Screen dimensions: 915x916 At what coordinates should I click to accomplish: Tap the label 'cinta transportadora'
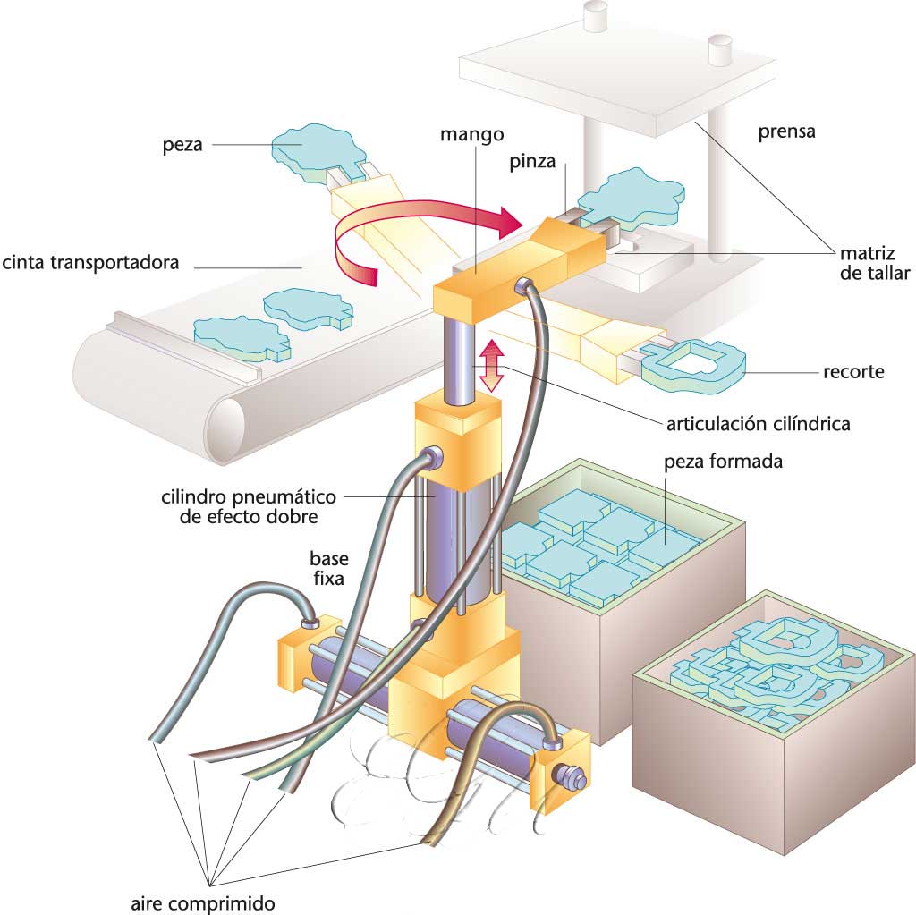point(91,263)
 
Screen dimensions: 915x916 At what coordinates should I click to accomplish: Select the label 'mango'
point(472,135)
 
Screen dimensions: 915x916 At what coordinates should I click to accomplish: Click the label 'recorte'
point(853,371)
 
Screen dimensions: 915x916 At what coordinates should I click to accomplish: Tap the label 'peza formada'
point(724,462)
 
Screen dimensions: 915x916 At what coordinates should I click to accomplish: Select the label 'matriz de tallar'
point(874,262)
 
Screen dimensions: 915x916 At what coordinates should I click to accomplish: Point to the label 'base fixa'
point(329,568)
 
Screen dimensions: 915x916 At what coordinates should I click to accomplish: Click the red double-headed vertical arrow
point(489,366)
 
